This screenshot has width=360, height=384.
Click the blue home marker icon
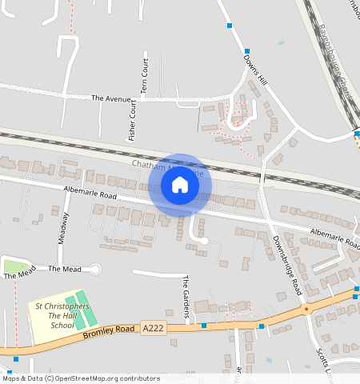pyautogui.click(x=180, y=186)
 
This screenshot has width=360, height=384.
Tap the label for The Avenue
pyautogui.click(x=110, y=98)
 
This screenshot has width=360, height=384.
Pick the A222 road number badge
pyautogui.click(x=154, y=328)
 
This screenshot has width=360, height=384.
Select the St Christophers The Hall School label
pyautogui.click(x=62, y=316)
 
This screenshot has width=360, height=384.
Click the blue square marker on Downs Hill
pyautogui.click(x=230, y=26)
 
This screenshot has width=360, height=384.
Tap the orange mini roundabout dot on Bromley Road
pyautogui.click(x=306, y=307)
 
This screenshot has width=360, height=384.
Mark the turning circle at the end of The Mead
pyautogui.click(x=96, y=270)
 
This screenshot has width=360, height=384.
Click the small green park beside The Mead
pyautogui.click(x=16, y=266)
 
